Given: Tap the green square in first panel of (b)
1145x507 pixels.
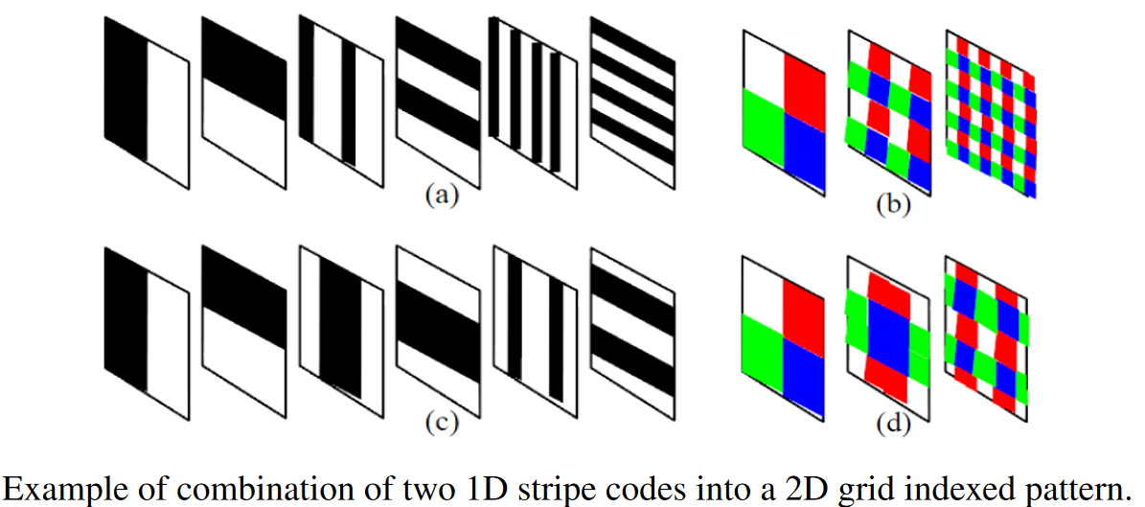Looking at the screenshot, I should [x=763, y=119].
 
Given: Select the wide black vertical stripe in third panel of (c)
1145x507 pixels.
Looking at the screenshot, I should [x=340, y=326].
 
